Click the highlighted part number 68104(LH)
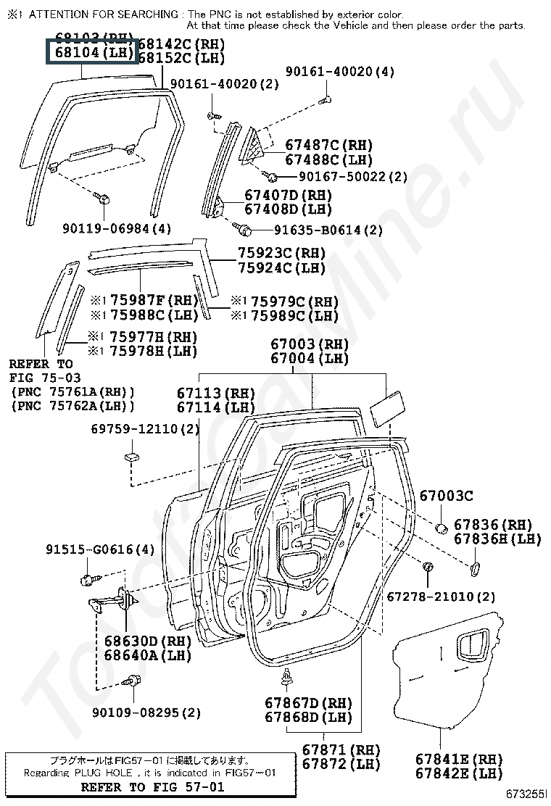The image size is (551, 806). click(91, 52)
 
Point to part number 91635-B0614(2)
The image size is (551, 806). click(328, 230)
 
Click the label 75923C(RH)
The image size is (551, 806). click(281, 254)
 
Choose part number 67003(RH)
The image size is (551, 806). click(310, 344)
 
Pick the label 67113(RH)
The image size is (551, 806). click(216, 394)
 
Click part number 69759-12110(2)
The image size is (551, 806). click(145, 430)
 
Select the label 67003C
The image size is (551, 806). click(446, 496)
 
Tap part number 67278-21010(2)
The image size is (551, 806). click(441, 597)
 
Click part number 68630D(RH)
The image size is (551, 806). click(147, 641)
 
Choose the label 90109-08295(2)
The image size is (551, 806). click(146, 712)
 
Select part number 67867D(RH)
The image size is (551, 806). click(308, 703)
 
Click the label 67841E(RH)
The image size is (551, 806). click(459, 760)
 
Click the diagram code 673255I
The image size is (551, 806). click(527, 794)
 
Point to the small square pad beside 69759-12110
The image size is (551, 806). click(130, 457)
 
